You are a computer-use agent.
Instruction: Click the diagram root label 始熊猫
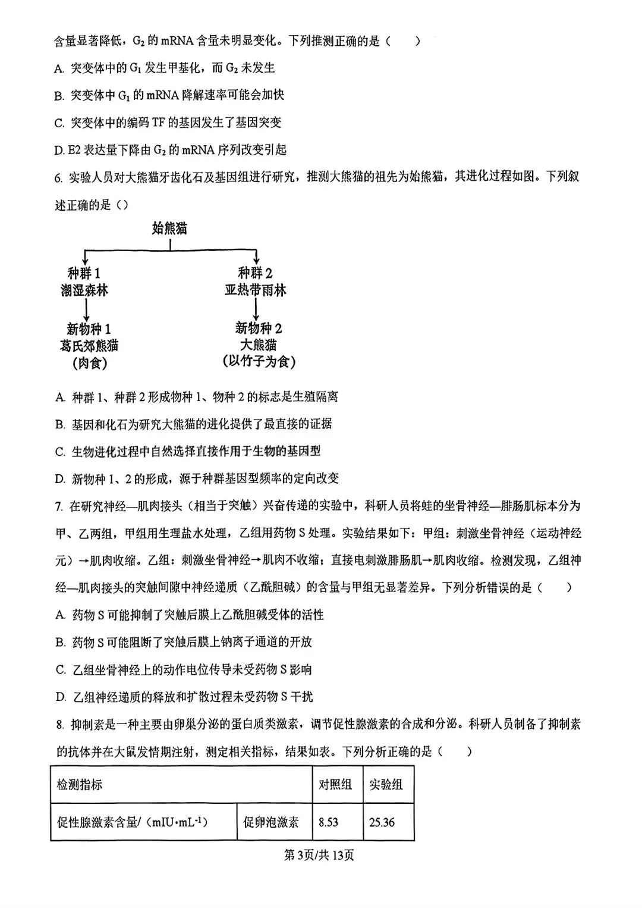pos(170,228)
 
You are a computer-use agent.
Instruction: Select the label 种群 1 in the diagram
pos(84,273)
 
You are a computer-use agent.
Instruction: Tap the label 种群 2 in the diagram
pos(255,273)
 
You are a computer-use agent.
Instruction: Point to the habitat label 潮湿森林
pos(84,290)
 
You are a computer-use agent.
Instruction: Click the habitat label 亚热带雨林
pos(255,290)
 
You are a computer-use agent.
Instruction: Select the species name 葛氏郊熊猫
pos(89,345)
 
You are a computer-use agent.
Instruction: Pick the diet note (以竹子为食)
pos(259,361)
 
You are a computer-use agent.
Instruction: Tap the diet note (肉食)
pos(89,362)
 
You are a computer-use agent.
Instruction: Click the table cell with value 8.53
pos(329,822)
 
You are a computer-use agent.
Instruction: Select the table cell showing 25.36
pos(382,822)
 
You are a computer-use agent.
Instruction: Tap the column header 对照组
pos(335,784)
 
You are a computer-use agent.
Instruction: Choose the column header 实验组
pos(386,784)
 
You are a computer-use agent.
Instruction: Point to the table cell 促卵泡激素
pos(271,822)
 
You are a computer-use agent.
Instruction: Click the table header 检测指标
pos(80,784)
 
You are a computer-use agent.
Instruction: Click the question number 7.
pos(59,506)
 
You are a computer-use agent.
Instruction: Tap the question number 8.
pos(59,724)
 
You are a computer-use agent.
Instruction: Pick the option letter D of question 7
pos(60,697)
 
